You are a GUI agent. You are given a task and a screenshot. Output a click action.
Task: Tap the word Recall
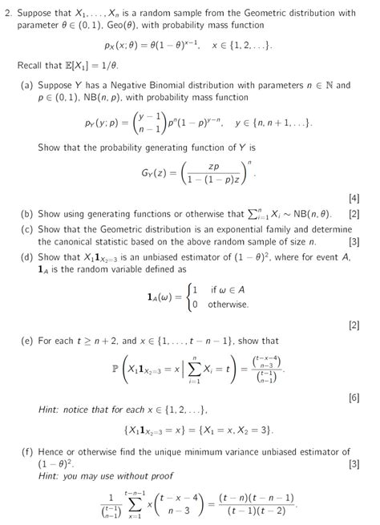(30, 65)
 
